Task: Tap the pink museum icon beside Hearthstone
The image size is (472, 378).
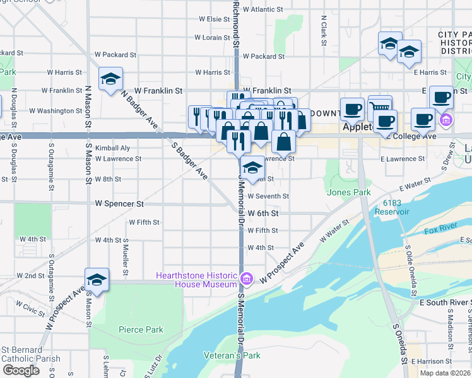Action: pyautogui.click(x=247, y=278)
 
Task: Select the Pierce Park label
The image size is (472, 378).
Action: pyautogui.click(x=141, y=329)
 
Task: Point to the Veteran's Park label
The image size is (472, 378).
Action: pyautogui.click(x=232, y=355)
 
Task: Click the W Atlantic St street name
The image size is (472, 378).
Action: pyautogui.click(x=263, y=9)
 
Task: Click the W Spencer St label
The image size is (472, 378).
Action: pyautogui.click(x=119, y=204)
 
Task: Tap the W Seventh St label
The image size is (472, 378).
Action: pyautogui.click(x=268, y=196)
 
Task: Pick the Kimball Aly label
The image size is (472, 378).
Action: pyautogui.click(x=112, y=148)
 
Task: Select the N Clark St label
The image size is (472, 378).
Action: pyautogui.click(x=323, y=30)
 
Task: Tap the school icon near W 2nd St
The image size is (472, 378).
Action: pyautogui.click(x=97, y=280)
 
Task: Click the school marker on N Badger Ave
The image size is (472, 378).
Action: pyautogui.click(x=111, y=79)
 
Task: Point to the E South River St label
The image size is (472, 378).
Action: pyautogui.click(x=445, y=303)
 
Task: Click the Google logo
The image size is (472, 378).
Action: pyautogui.click(x=21, y=370)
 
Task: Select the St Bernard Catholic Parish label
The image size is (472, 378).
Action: pyautogui.click(x=30, y=354)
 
